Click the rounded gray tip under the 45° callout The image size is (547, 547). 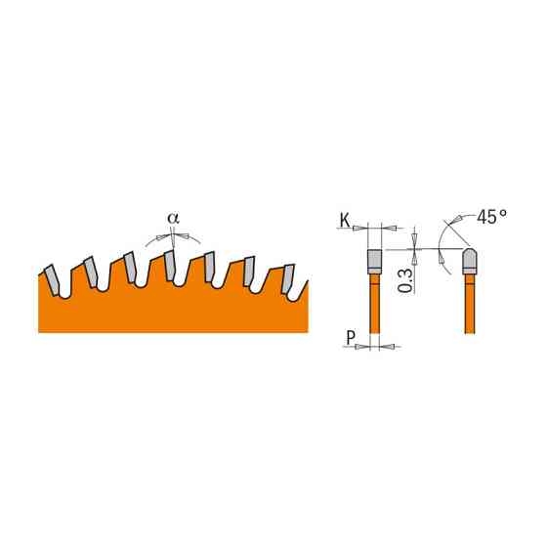468,260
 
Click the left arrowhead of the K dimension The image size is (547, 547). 361,227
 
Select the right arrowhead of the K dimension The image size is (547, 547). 389,227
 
